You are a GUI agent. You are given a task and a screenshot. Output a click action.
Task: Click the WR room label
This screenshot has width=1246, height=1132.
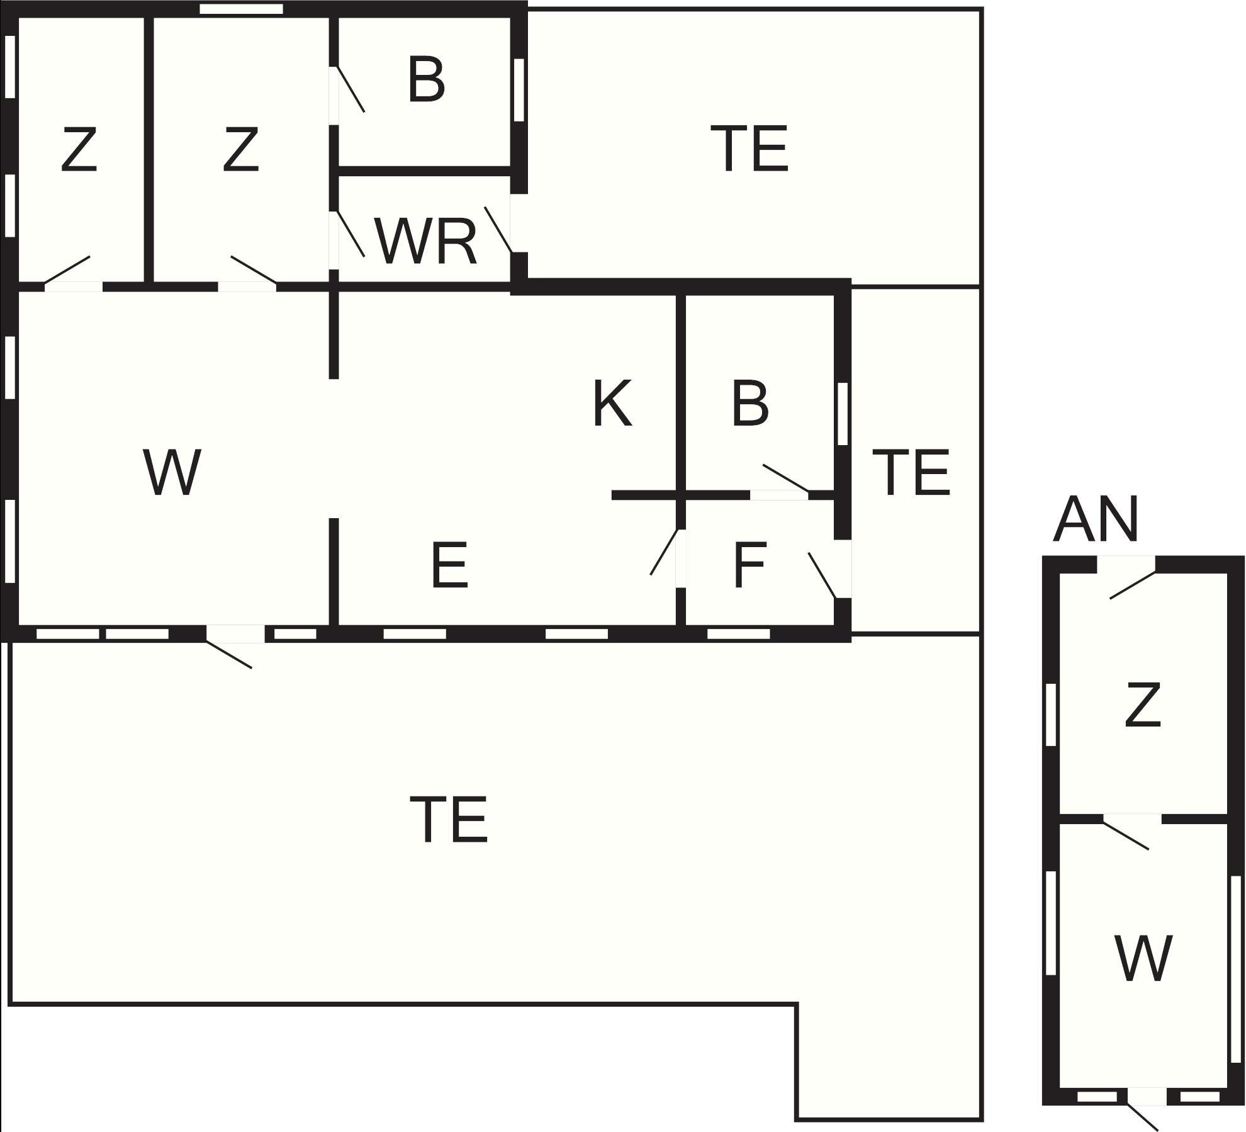pos(426,242)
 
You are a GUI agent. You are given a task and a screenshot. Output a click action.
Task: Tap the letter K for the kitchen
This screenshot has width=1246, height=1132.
pos(612,404)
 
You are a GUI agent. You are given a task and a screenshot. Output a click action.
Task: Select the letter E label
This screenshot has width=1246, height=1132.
pos(449,565)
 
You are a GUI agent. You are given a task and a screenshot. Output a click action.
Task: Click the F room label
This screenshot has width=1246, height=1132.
pos(749,565)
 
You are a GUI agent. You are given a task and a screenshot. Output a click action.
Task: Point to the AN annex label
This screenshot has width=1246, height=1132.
pos(1096,520)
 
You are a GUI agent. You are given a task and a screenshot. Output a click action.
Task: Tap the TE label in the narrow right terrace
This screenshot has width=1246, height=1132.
pos(911,472)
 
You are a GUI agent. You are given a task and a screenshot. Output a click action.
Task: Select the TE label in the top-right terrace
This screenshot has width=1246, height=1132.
pos(749,149)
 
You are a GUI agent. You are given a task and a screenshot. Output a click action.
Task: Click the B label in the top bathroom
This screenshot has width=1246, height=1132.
pos(426,80)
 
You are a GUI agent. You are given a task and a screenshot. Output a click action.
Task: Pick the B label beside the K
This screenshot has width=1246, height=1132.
pos(749,404)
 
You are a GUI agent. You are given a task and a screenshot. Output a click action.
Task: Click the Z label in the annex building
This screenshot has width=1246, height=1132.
pos(1142,706)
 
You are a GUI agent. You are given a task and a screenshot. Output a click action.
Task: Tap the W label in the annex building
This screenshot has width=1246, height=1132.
pos(1142,958)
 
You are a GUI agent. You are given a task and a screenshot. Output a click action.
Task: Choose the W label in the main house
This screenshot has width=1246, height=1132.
pos(172,472)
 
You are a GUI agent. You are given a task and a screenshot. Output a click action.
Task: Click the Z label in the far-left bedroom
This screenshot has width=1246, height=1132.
pos(79,149)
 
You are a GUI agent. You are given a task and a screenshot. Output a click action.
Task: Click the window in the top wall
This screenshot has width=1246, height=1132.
pos(241,9)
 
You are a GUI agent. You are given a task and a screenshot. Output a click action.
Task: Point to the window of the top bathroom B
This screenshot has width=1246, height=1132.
pos(519,89)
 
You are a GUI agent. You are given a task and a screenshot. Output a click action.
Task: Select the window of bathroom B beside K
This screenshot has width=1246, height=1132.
pos(843,414)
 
